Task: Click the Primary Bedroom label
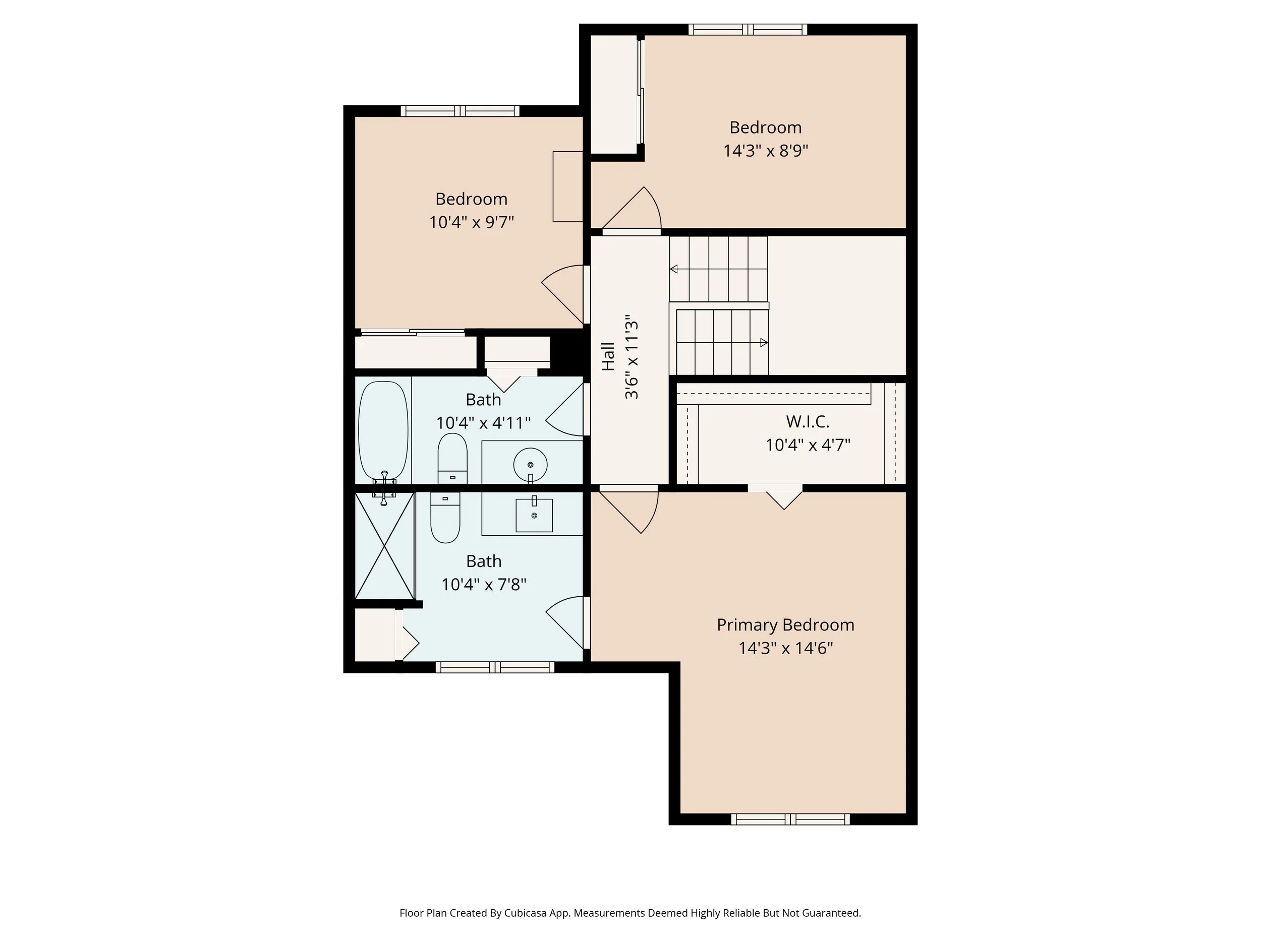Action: pos(785,625)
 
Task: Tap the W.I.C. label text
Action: pos(807,421)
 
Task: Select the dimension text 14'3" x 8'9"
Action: pos(765,151)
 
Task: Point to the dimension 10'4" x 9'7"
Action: pos(471,222)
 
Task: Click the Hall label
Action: pos(608,357)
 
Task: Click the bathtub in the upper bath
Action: pos(383,430)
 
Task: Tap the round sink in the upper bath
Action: pos(530,465)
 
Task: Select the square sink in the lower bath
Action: pos(534,515)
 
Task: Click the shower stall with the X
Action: pos(384,546)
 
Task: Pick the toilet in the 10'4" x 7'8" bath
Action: pos(445,518)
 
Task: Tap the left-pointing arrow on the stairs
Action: pos(674,269)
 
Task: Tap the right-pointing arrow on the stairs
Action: pos(764,342)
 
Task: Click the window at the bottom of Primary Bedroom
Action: pos(790,819)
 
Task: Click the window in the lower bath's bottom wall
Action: pos(495,667)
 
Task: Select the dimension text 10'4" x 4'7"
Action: pos(807,445)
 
